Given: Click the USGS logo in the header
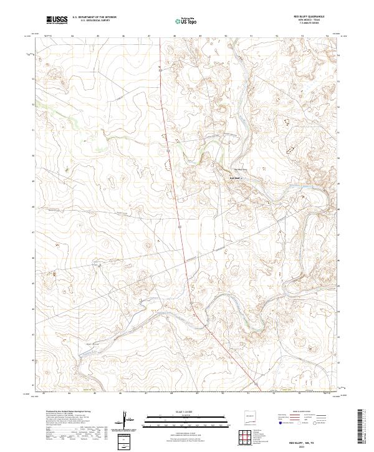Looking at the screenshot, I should tap(56, 20).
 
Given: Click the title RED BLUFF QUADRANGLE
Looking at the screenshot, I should tap(312, 16).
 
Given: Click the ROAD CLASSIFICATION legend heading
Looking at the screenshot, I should tap(299, 412).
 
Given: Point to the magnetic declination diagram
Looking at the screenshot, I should tap(129, 421).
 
